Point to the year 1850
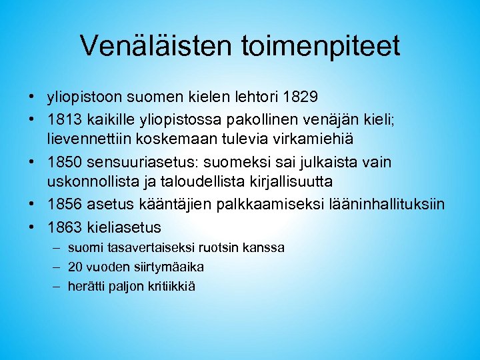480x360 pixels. coord(63,163)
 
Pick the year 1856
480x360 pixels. coord(63,204)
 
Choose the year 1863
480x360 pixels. coord(63,227)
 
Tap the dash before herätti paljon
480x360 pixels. coord(53,287)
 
